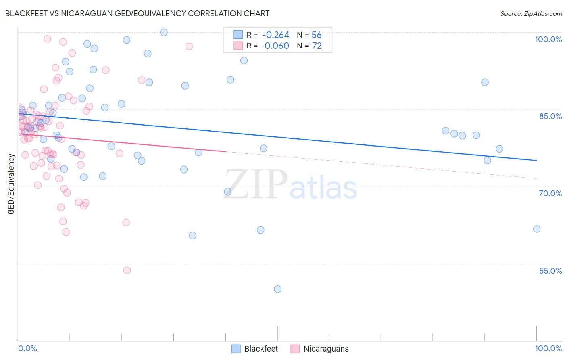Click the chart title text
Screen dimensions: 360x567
137,13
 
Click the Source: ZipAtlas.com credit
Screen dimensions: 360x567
531,14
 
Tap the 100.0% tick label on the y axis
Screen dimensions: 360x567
548,39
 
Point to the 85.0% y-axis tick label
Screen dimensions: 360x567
550,116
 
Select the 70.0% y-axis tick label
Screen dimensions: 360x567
550,193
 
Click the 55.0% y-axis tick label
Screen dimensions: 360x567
550,271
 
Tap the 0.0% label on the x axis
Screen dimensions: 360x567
27,348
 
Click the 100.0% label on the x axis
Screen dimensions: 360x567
548,348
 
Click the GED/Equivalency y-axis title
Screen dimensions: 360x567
11,184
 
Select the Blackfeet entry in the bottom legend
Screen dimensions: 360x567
261,349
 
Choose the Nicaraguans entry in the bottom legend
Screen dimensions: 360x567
326,349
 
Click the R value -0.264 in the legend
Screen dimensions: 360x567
275,35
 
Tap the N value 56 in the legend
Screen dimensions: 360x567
317,35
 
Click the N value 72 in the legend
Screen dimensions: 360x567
317,46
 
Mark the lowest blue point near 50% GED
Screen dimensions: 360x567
277,289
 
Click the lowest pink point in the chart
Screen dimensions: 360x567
127,270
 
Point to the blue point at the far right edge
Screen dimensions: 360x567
537,229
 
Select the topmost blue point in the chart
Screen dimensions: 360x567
164,32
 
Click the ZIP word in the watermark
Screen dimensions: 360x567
256,184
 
